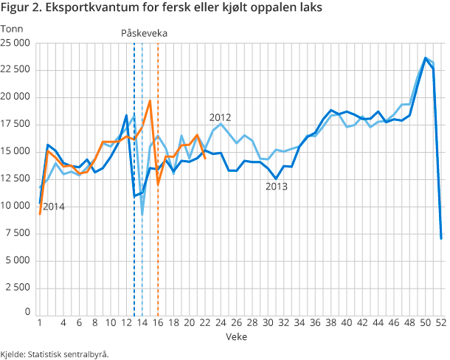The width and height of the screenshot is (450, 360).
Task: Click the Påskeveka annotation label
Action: point(144,33)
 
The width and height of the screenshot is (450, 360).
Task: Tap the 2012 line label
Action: point(221,117)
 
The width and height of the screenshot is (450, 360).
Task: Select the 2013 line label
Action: point(276,187)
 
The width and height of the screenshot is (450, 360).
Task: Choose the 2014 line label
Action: point(53,207)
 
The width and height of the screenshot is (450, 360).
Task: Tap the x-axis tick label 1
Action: point(39,322)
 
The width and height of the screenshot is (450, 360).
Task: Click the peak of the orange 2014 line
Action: point(150,101)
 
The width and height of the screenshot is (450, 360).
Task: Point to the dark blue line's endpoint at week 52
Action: point(441,238)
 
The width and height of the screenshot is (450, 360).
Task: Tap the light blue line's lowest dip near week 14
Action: point(142,215)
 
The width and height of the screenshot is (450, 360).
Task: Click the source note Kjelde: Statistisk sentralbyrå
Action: point(55,353)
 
